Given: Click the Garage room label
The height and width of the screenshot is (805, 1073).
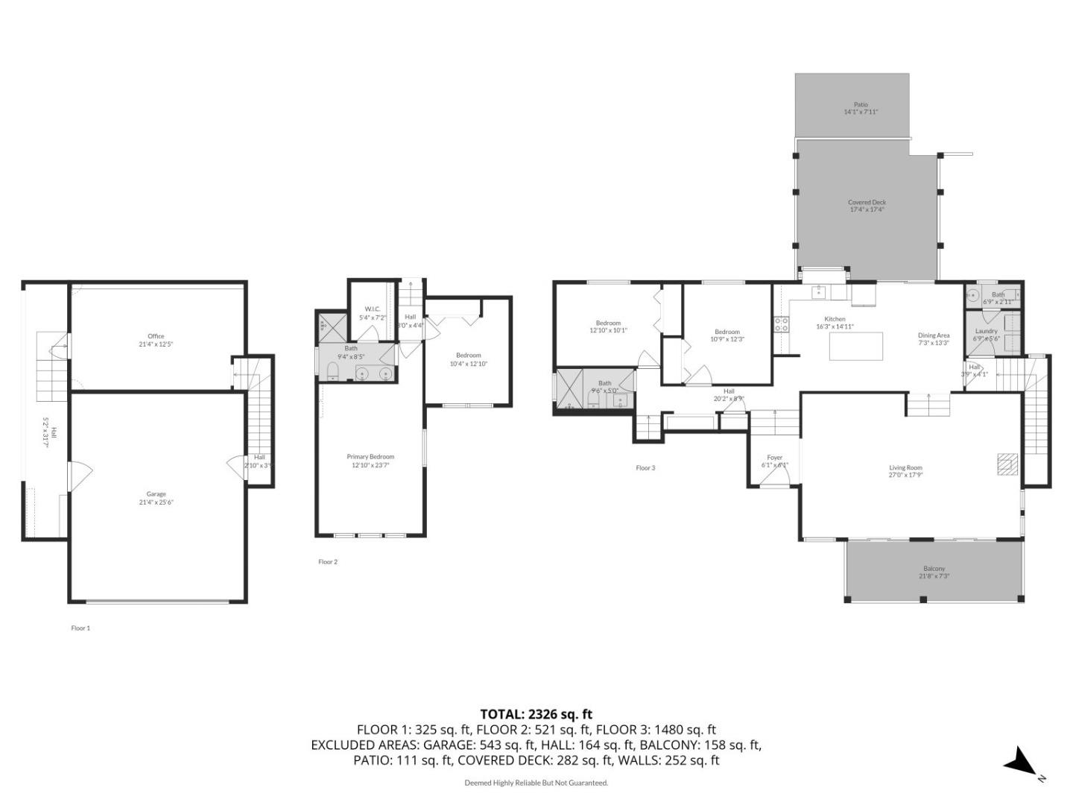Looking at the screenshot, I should point(156,494).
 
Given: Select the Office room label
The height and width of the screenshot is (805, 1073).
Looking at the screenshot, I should point(156,336).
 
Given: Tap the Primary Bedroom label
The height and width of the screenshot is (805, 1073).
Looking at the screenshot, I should point(370,457).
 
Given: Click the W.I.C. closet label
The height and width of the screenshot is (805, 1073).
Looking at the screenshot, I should point(373,309).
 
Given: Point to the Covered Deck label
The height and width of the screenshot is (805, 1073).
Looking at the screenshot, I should point(867,202).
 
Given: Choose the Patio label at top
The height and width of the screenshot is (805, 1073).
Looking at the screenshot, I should point(861,105).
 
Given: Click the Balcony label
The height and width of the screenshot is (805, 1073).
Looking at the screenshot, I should point(934,569).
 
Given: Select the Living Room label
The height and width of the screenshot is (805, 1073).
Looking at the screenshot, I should point(905,468).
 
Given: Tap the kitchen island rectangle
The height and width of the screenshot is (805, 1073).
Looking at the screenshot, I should point(856,346).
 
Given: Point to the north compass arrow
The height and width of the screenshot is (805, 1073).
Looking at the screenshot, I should point(1019,763).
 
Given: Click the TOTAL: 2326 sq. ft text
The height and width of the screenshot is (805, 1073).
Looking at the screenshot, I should point(536,714).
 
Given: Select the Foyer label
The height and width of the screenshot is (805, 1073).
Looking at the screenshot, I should point(775,458).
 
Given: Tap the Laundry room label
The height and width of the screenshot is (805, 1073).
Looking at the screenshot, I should point(986,331).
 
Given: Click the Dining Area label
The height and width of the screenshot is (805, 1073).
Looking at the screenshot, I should point(933,335).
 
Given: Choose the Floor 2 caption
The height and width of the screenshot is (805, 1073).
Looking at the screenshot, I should point(328,562).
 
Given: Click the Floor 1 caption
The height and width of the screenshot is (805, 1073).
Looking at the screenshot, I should point(80,628).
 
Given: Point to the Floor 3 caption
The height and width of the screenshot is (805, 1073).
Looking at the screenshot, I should point(645,468).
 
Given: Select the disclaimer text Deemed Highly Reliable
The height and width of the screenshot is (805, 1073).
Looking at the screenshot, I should point(536,783).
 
